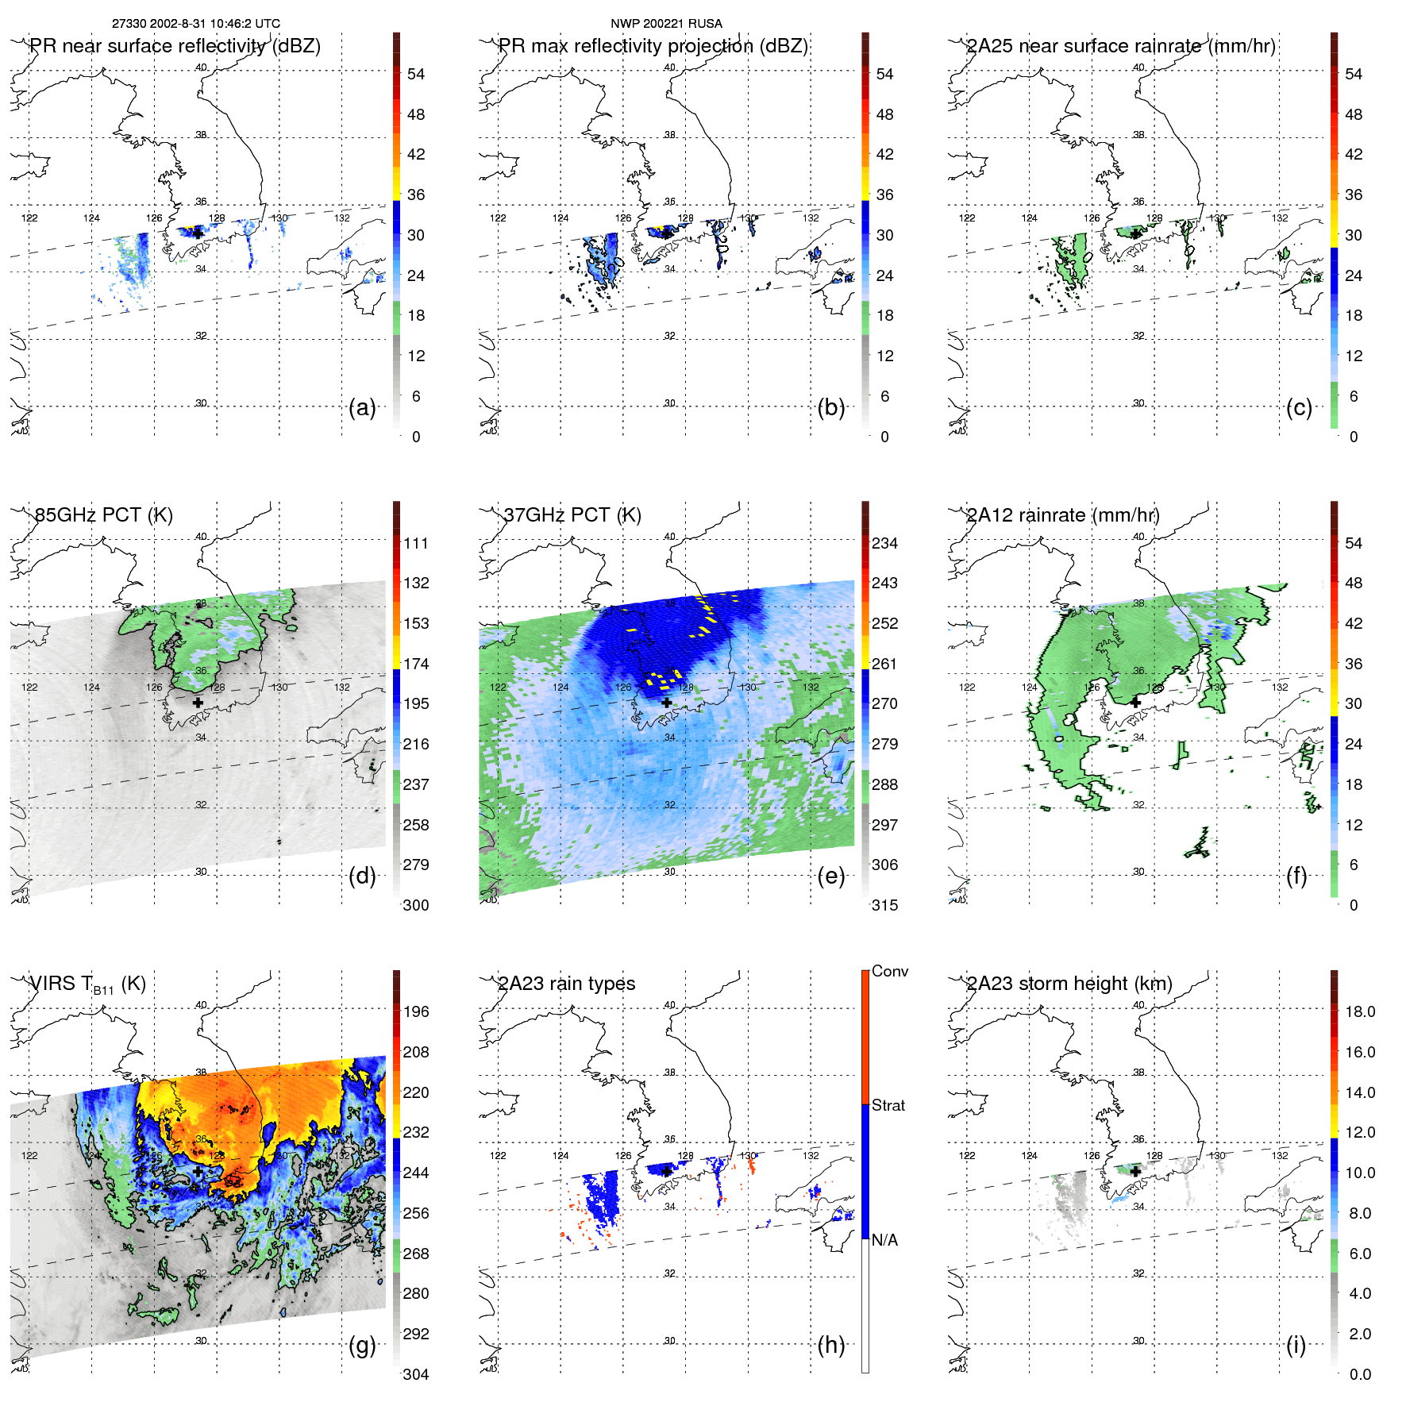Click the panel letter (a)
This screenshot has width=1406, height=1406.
tap(362, 408)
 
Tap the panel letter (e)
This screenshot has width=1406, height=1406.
tap(830, 876)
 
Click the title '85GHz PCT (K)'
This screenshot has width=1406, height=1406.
tap(103, 514)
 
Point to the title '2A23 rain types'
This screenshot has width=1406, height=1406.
tap(567, 984)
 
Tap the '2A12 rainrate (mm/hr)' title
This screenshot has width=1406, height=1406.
tap(1063, 514)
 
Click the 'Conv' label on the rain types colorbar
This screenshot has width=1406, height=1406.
tap(890, 971)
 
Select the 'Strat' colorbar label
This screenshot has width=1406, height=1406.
tap(888, 1105)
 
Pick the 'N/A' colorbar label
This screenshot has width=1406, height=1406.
tap(885, 1240)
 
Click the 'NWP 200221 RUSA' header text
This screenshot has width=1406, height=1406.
tap(666, 23)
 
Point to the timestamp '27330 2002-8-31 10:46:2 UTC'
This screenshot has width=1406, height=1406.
tap(196, 23)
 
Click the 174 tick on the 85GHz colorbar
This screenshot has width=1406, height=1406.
tap(416, 664)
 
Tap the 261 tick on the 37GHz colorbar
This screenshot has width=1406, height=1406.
tap(884, 664)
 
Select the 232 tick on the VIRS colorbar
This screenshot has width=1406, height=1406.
tap(416, 1132)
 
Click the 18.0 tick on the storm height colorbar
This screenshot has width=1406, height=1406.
tap(1360, 1011)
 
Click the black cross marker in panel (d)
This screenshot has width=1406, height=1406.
tap(198, 703)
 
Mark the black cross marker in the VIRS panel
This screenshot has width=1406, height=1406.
tap(198, 1171)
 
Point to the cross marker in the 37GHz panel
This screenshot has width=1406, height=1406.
tap(667, 703)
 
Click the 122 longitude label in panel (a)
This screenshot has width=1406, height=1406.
tap(29, 218)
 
